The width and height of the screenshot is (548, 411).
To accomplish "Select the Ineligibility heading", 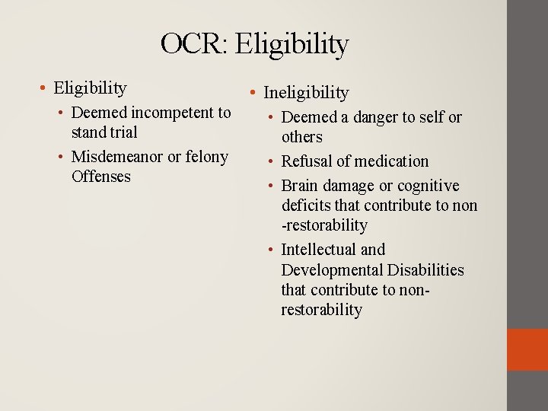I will pyautogui.click(x=305, y=93).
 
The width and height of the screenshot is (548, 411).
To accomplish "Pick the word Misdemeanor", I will pyautogui.click(x=117, y=157).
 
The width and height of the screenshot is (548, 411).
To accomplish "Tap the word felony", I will pyautogui.click(x=207, y=157).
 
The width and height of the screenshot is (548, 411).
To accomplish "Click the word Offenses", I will pyautogui.click(x=101, y=177).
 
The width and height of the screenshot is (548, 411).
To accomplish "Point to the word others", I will pyautogui.click(x=301, y=137).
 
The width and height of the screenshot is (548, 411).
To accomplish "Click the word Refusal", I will pyautogui.click(x=307, y=161).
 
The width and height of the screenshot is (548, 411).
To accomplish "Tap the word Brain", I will pyautogui.click(x=301, y=186).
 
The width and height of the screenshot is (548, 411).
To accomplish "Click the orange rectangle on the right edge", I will pyautogui.click(x=527, y=349).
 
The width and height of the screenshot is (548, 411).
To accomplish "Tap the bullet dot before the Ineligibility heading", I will pyautogui.click(x=253, y=94).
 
